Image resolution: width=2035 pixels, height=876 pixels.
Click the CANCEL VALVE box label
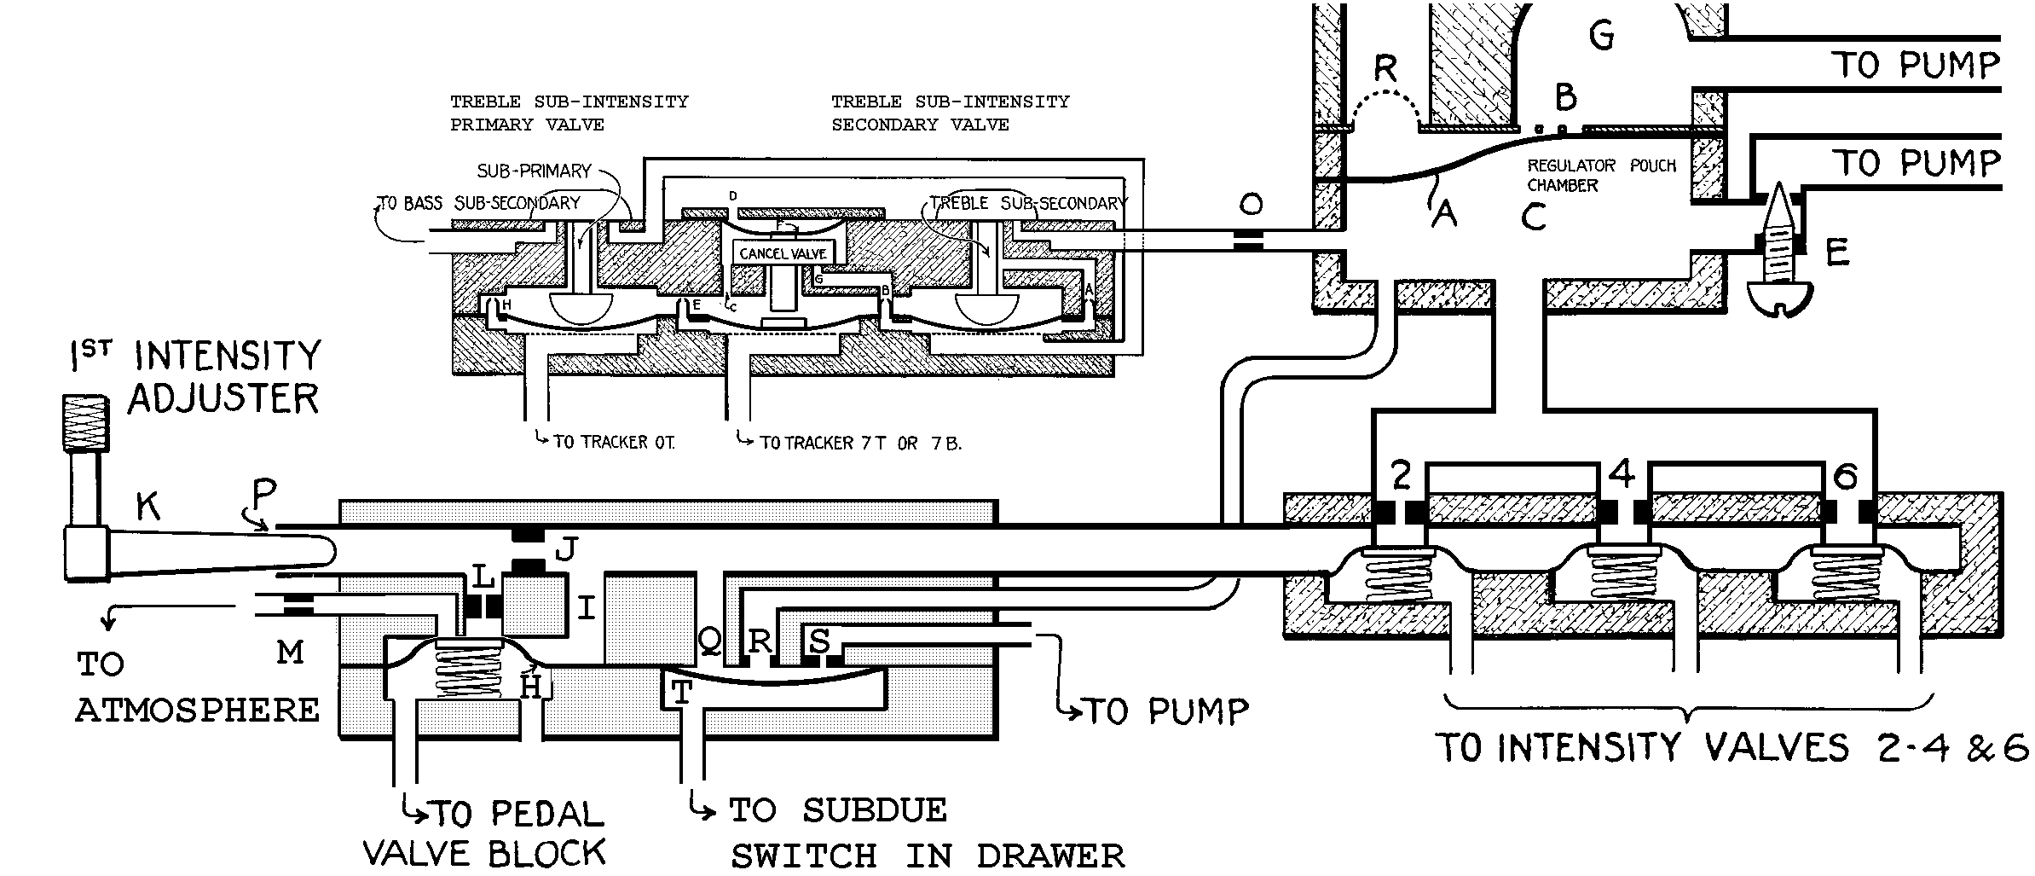coord(783,253)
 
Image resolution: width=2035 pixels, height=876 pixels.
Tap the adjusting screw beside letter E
coord(1779,247)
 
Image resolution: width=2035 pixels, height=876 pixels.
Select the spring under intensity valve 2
coord(1398,579)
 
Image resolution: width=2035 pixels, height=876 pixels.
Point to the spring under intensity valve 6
coord(1846,579)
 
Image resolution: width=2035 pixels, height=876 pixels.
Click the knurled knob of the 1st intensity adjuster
coord(86,423)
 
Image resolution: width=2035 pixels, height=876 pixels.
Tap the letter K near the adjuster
coord(148,508)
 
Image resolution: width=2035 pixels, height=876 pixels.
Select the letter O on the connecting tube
coord(1251,205)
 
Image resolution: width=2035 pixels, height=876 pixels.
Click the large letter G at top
coord(1602,36)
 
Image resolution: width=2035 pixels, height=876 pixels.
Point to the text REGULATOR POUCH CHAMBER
coord(1600,175)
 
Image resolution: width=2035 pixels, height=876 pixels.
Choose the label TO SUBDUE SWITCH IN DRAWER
coord(925,832)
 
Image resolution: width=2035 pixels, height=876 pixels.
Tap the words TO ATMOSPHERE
coord(196,687)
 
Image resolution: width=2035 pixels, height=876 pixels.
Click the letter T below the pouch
coord(682,693)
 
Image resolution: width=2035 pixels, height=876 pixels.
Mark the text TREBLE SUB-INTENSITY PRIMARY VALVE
coord(569,113)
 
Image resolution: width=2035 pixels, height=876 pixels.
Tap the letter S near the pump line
coord(819,640)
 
